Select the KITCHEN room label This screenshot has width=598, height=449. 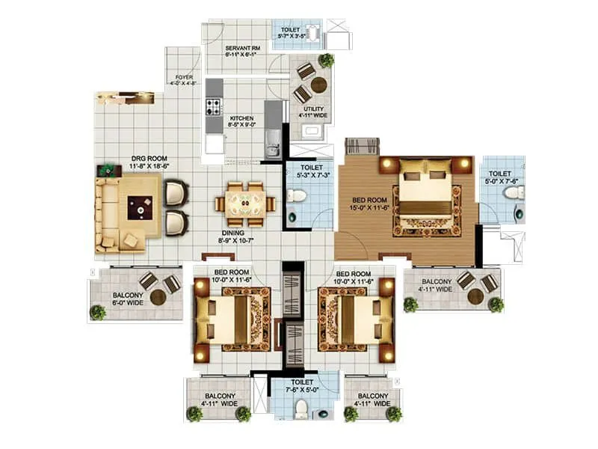(x=241, y=118)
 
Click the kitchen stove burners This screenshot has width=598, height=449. (x=213, y=106)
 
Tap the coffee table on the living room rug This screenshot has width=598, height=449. (x=140, y=206)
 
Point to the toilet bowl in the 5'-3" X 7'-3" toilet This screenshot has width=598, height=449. (x=298, y=197)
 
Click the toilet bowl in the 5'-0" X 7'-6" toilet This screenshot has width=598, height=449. (x=514, y=193)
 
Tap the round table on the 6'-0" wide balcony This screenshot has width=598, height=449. (x=158, y=297)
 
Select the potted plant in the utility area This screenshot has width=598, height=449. (x=326, y=60)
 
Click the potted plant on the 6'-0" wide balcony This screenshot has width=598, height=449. (x=97, y=312)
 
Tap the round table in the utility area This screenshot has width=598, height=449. (x=318, y=85)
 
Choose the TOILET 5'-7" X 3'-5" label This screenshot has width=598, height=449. (x=292, y=30)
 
